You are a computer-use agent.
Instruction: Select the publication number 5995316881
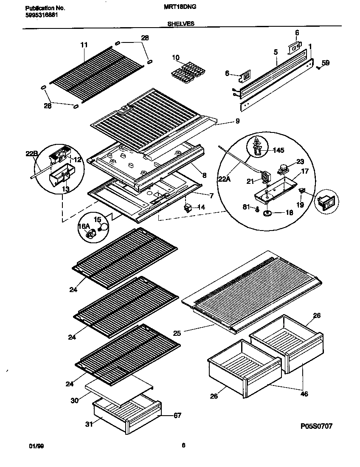pyautogui.click(x=42, y=15)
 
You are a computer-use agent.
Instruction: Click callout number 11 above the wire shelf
pyautogui.click(x=84, y=45)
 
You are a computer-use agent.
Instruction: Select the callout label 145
pyautogui.click(x=278, y=150)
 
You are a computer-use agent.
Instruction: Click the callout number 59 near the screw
pyautogui.click(x=325, y=63)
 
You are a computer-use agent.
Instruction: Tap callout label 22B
pyautogui.click(x=32, y=153)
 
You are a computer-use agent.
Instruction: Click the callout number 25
pyautogui.click(x=177, y=334)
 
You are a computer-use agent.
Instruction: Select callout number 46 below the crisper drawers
pyautogui.click(x=304, y=394)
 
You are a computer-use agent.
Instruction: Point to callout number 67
pyautogui.click(x=177, y=415)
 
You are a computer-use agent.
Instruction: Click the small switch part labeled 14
pyautogui.click(x=187, y=208)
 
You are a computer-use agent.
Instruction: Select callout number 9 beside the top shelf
pyautogui.click(x=237, y=121)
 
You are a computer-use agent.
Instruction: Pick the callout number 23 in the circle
pyautogui.click(x=300, y=161)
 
